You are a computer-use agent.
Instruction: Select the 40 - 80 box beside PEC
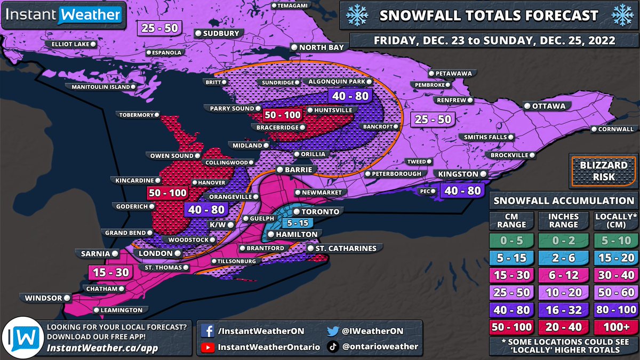pyautogui.click(x=461, y=191)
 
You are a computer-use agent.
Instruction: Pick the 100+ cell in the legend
pyautogui.click(x=615, y=326)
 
